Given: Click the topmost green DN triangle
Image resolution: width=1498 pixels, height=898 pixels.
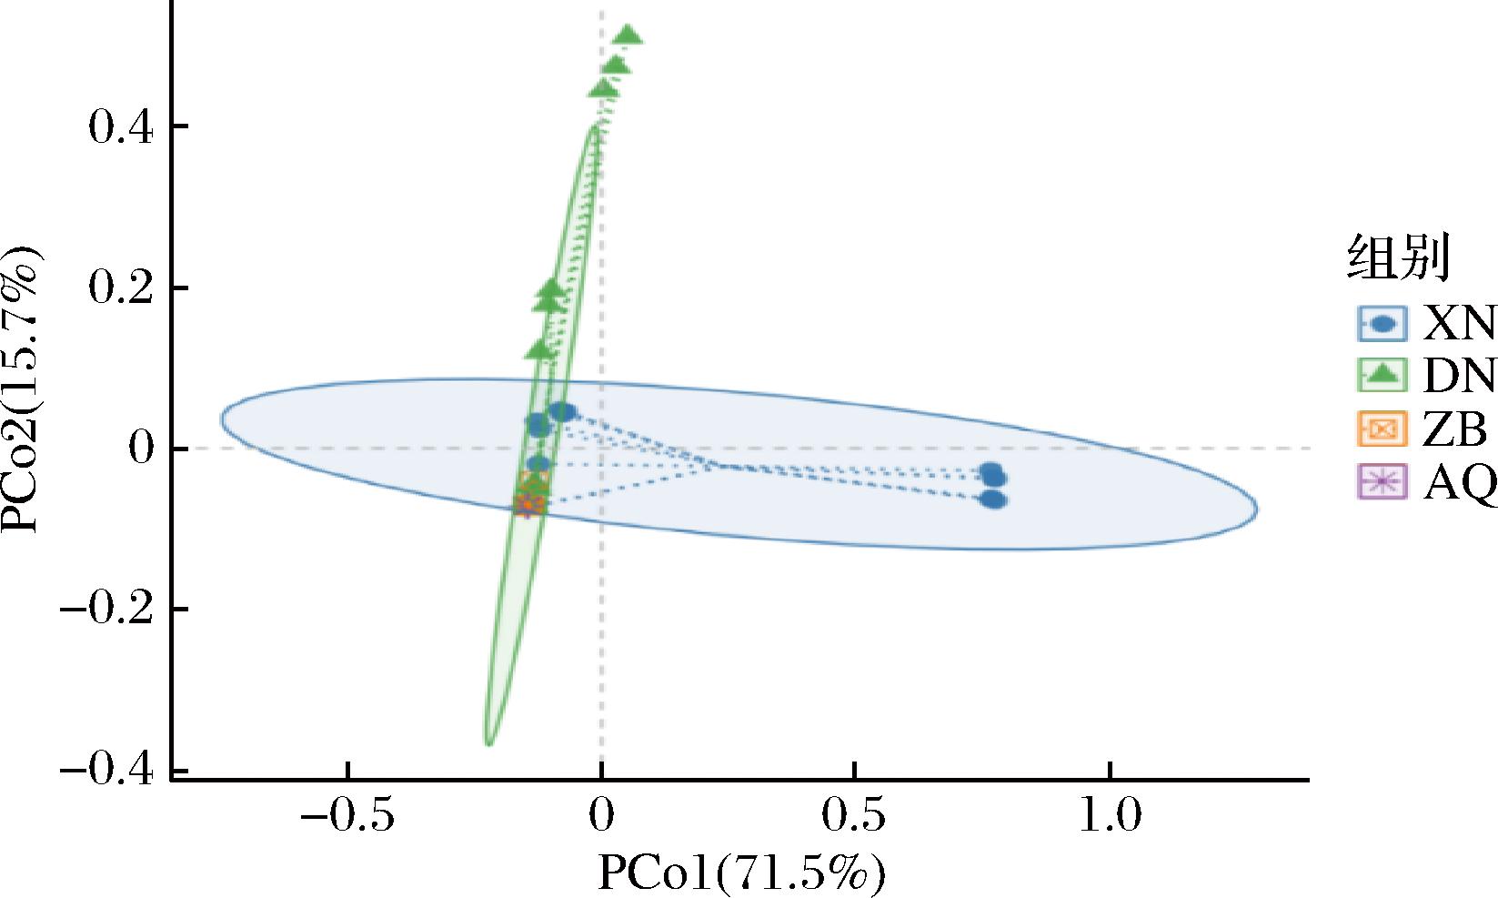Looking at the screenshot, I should pyautogui.click(x=628, y=36).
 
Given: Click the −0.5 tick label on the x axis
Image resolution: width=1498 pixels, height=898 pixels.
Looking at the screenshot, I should pyautogui.click(x=347, y=817).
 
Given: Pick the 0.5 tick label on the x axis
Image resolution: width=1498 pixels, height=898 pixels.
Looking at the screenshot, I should pyautogui.click(x=853, y=817).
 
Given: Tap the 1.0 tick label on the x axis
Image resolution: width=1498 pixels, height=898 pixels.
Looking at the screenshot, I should pyautogui.click(x=1110, y=817).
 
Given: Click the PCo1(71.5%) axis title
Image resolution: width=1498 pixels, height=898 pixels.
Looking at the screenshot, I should pyautogui.click(x=740, y=873).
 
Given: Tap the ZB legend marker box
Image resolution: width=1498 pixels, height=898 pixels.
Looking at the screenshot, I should pyautogui.click(x=1382, y=429).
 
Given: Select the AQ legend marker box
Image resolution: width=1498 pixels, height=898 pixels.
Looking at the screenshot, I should pyautogui.click(x=1382, y=482).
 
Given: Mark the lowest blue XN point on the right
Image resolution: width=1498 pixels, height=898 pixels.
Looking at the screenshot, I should pyautogui.click(x=993, y=499).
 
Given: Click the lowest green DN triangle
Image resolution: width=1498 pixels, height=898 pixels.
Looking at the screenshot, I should pyautogui.click(x=540, y=349).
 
